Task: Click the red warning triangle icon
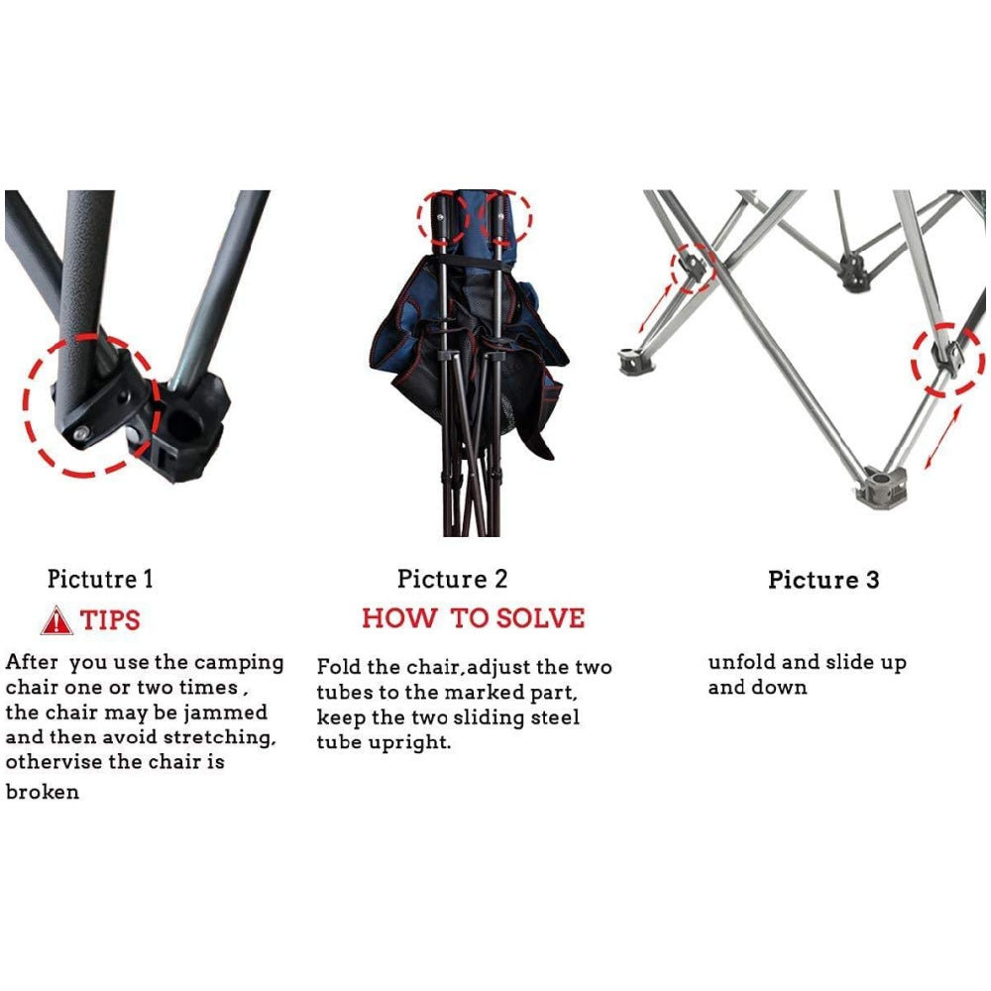tap(55, 620)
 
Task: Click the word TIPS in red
tap(110, 620)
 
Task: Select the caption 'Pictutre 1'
tap(100, 579)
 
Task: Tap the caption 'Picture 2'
tap(453, 579)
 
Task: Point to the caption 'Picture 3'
tap(824, 580)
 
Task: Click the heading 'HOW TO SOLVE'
tap(474, 618)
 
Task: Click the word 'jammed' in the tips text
tap(226, 713)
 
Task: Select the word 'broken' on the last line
tap(43, 791)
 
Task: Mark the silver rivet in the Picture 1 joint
tap(81, 433)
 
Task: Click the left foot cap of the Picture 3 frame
tap(635, 361)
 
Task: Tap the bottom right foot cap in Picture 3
tap(881, 488)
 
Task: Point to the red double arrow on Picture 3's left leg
tap(655, 308)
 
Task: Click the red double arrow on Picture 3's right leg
tap(943, 437)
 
